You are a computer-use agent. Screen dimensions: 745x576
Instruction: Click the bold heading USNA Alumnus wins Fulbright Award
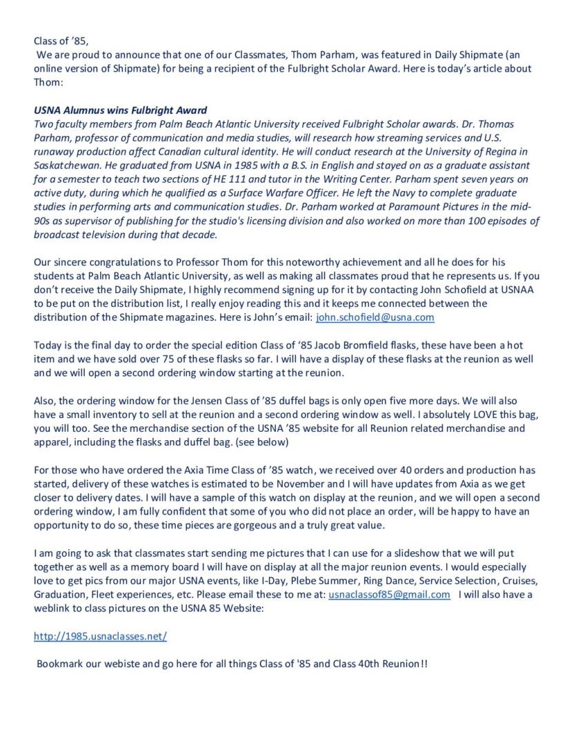coord(121,110)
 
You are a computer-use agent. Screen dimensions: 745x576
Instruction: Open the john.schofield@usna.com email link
coord(375,317)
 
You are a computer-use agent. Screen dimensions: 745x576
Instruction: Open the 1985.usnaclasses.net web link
coord(100,636)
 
